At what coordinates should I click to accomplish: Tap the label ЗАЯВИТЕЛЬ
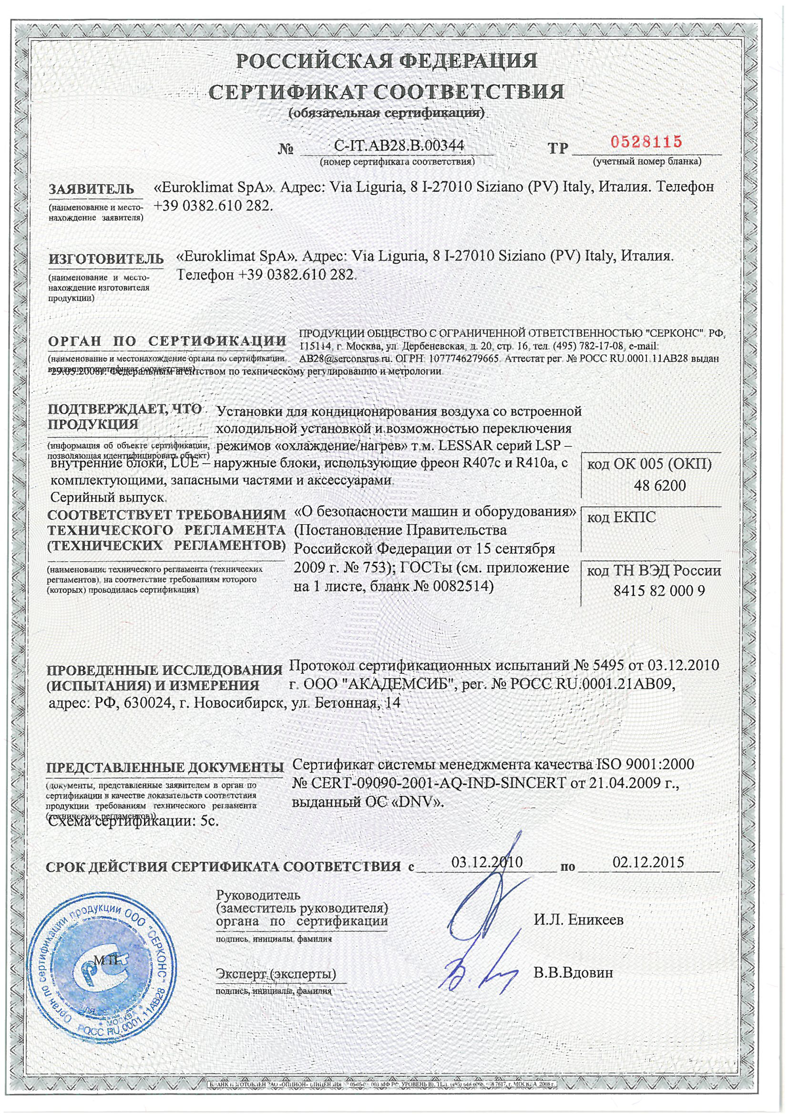pyautogui.click(x=91, y=190)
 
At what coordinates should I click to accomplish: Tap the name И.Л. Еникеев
pyautogui.click(x=579, y=919)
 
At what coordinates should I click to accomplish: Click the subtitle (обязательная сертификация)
pyautogui.click(x=387, y=113)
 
